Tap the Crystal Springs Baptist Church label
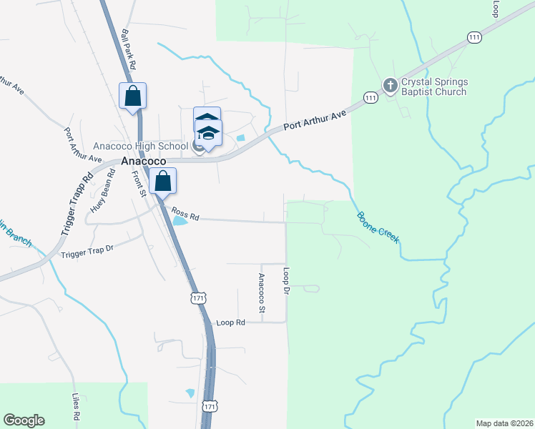click(434, 87)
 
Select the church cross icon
click(390, 86)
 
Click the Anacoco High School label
click(139, 147)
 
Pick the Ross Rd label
click(185, 213)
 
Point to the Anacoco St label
click(261, 292)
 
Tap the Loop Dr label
click(286, 283)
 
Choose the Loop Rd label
click(230, 322)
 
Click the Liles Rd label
click(75, 406)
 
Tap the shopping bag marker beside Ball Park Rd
click(133, 97)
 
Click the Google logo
click(24, 420)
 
